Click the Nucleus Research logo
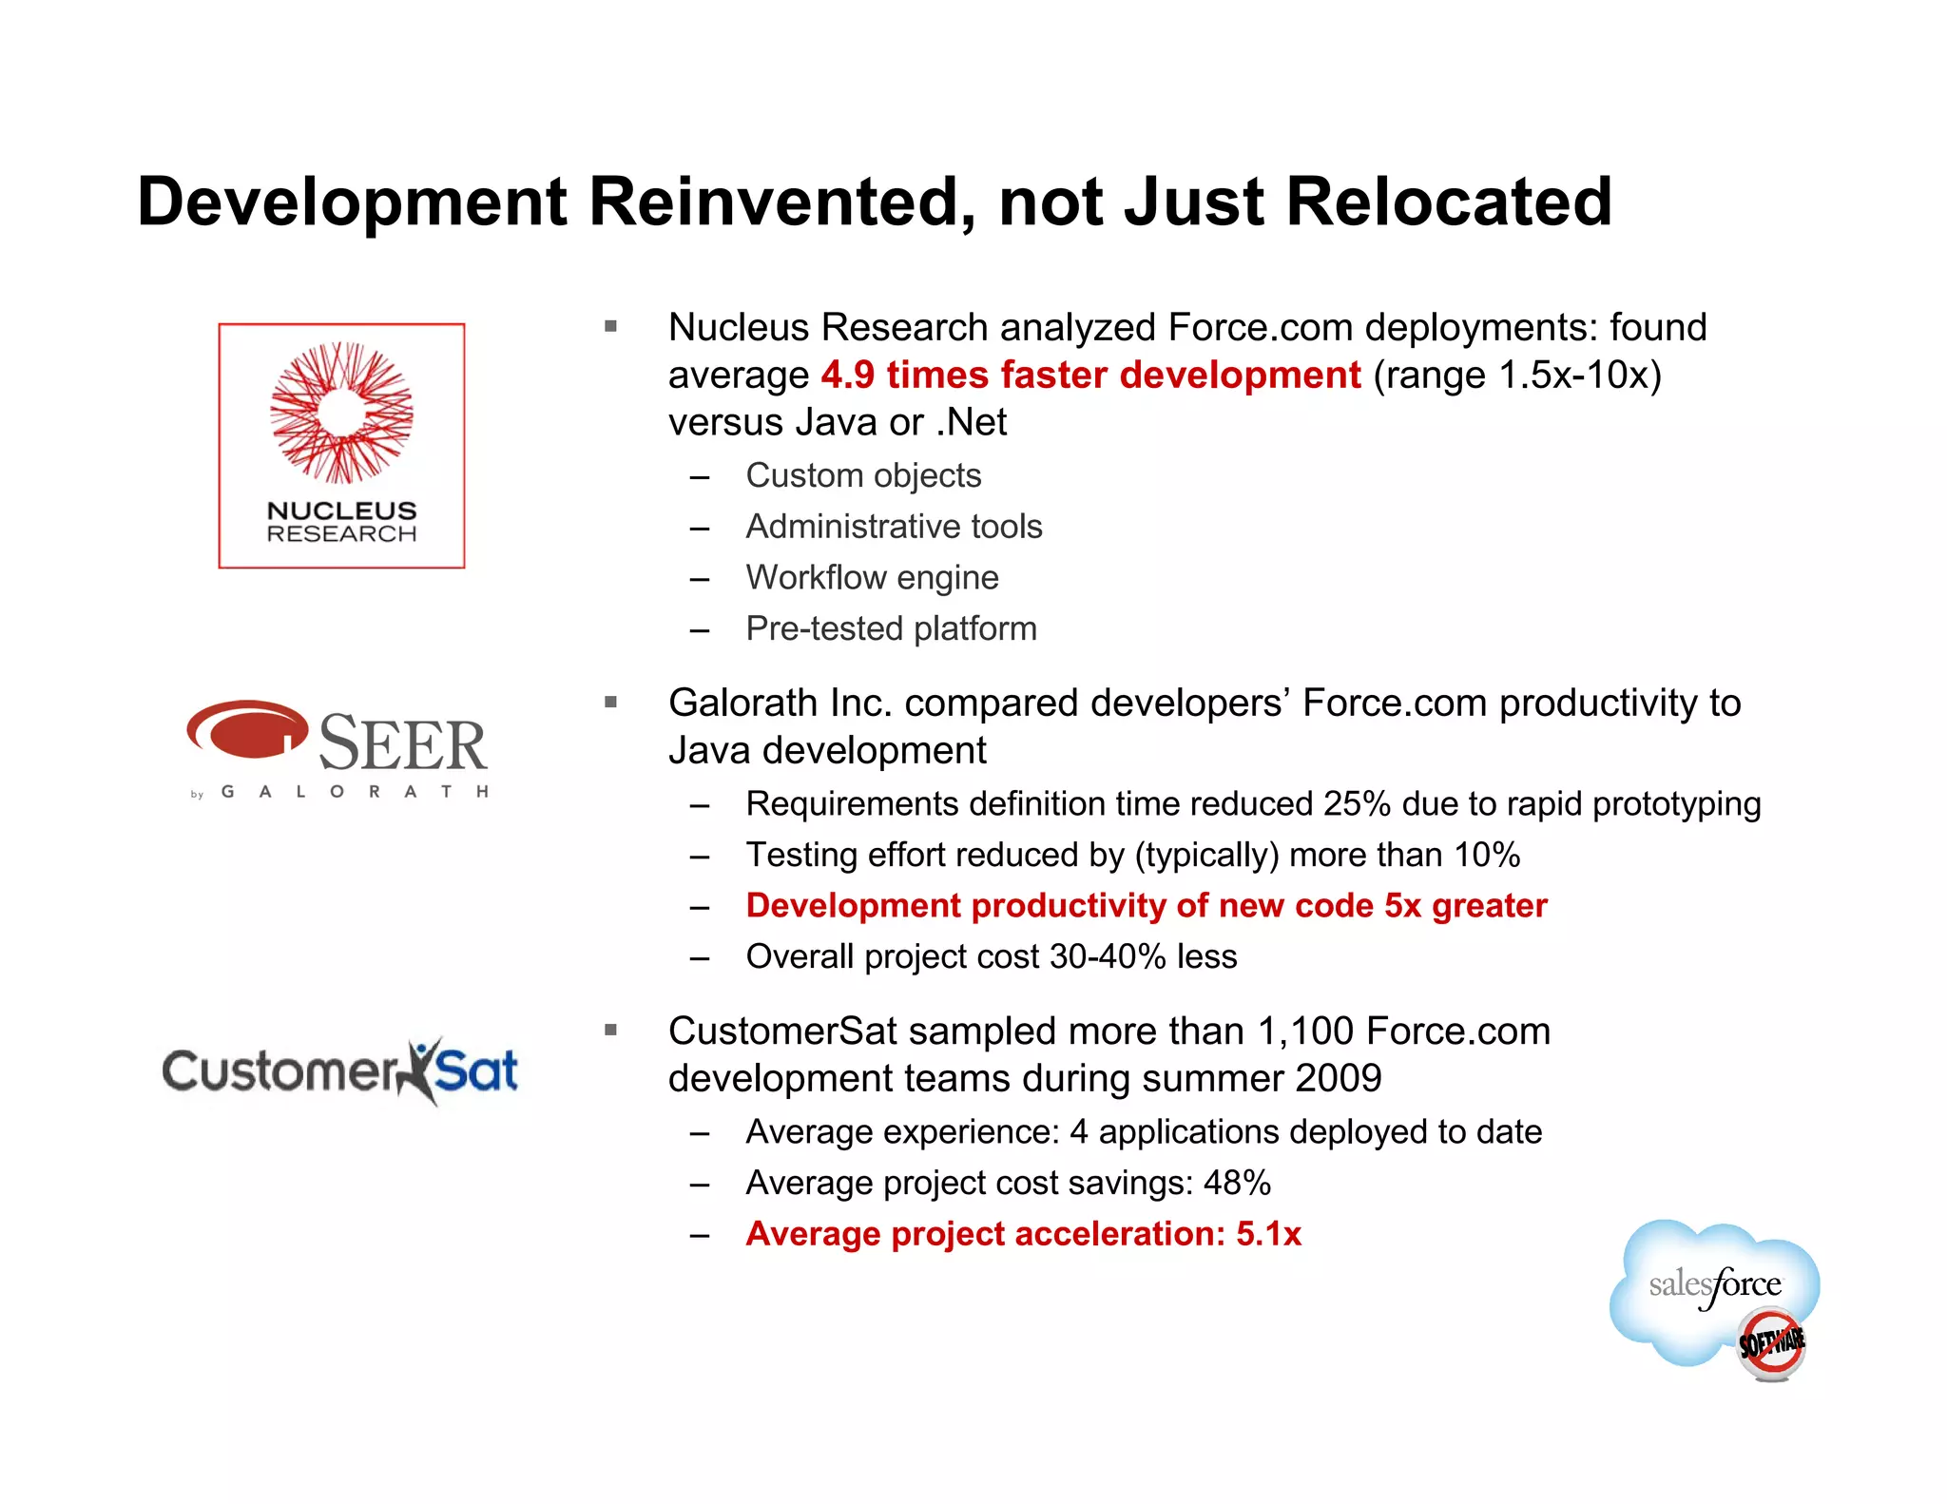click(341, 446)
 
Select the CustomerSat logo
click(340, 1071)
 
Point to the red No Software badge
click(1770, 1343)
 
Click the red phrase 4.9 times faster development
click(1090, 376)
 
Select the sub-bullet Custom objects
click(862, 475)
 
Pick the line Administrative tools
click(894, 527)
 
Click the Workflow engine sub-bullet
click(872, 578)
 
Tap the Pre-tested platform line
click(891, 629)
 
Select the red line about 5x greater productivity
click(1146, 906)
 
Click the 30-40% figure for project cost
click(1108, 957)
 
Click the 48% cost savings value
click(1237, 1184)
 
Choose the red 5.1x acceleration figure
click(1268, 1234)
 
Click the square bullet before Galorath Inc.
click(610, 703)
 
